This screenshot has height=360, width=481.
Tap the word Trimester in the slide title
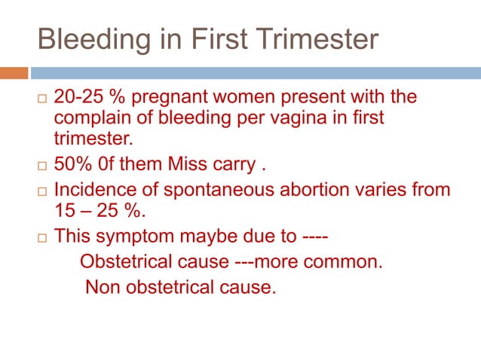316,38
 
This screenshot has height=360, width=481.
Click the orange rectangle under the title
14,73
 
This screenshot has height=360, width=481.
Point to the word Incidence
90,191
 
